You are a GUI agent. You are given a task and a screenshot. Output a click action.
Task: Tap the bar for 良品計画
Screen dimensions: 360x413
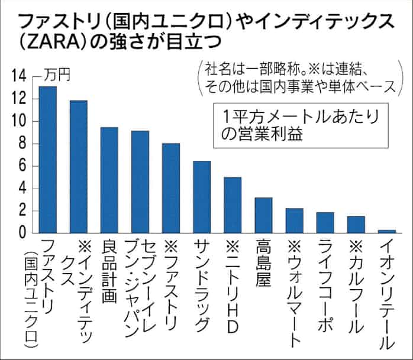point(109,180)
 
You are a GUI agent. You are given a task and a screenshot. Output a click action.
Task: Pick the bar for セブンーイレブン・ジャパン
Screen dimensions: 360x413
point(140,181)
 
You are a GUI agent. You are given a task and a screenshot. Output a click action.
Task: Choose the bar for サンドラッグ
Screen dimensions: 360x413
point(202,197)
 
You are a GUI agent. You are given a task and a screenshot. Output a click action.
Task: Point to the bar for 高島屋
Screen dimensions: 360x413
point(263,215)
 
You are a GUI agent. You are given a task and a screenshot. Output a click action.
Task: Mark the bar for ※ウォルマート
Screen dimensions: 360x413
point(294,220)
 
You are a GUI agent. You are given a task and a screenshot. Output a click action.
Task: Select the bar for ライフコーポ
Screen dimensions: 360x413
point(325,222)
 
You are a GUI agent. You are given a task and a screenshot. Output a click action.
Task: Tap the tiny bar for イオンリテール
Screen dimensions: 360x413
point(386,231)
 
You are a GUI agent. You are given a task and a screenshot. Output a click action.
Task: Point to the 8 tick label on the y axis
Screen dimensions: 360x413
point(21,144)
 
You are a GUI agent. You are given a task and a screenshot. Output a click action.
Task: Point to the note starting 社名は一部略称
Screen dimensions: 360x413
point(299,76)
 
